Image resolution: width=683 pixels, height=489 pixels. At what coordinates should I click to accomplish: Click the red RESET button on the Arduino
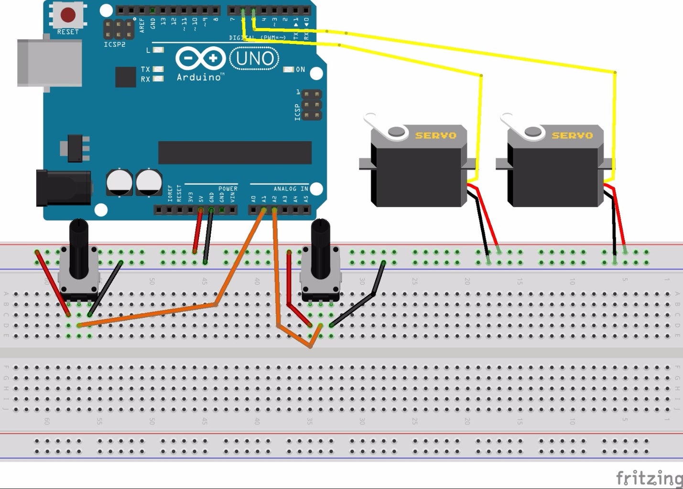coord(68,15)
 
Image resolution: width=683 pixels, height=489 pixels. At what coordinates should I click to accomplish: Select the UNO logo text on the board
coord(254,59)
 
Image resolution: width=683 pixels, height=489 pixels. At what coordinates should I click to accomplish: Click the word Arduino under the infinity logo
coord(199,77)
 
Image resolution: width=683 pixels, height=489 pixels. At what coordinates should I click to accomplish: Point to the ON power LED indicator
coord(289,70)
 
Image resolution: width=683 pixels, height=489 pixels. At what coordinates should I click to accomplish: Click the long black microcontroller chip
coord(235,152)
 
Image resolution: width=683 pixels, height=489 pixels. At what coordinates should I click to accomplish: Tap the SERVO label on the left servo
coord(435,136)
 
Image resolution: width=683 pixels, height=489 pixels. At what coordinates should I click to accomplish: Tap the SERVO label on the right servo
coord(572,136)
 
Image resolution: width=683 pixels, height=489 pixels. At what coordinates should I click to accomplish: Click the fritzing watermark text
coord(649,478)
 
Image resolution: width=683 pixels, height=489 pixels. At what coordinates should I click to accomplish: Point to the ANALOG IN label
coord(291,189)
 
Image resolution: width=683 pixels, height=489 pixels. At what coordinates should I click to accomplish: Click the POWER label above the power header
coord(228,189)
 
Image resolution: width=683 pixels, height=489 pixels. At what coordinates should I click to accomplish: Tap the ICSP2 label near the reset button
coord(115,44)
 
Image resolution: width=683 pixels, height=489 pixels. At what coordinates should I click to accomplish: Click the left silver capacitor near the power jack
coord(119,182)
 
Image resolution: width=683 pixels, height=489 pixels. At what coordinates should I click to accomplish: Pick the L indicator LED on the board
coord(158,50)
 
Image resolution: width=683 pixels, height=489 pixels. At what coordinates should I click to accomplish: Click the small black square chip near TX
coord(125,77)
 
